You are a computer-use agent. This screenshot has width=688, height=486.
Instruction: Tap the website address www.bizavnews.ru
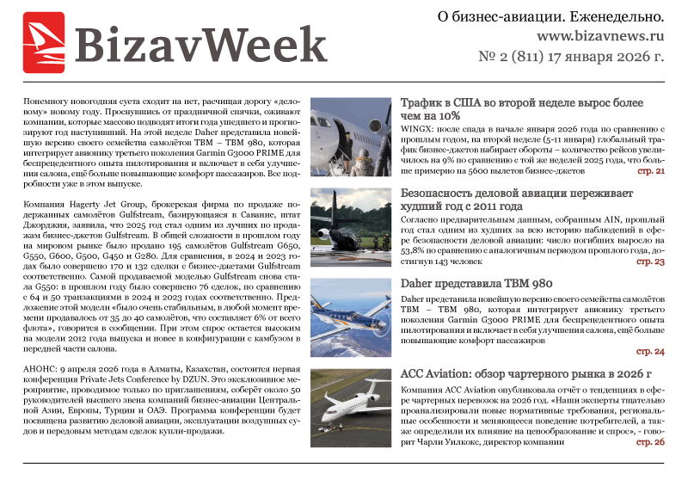click(x=600, y=37)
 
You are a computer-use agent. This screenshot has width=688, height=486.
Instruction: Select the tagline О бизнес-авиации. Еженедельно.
click(x=550, y=16)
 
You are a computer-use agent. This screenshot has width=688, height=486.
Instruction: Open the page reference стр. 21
click(x=650, y=171)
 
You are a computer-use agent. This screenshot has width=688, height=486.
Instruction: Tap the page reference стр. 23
click(x=650, y=261)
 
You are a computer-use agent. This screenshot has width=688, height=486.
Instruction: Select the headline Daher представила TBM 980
click(x=482, y=284)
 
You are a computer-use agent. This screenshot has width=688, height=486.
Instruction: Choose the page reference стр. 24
click(x=650, y=351)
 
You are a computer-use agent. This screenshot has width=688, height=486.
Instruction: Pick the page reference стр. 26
click(x=650, y=441)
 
